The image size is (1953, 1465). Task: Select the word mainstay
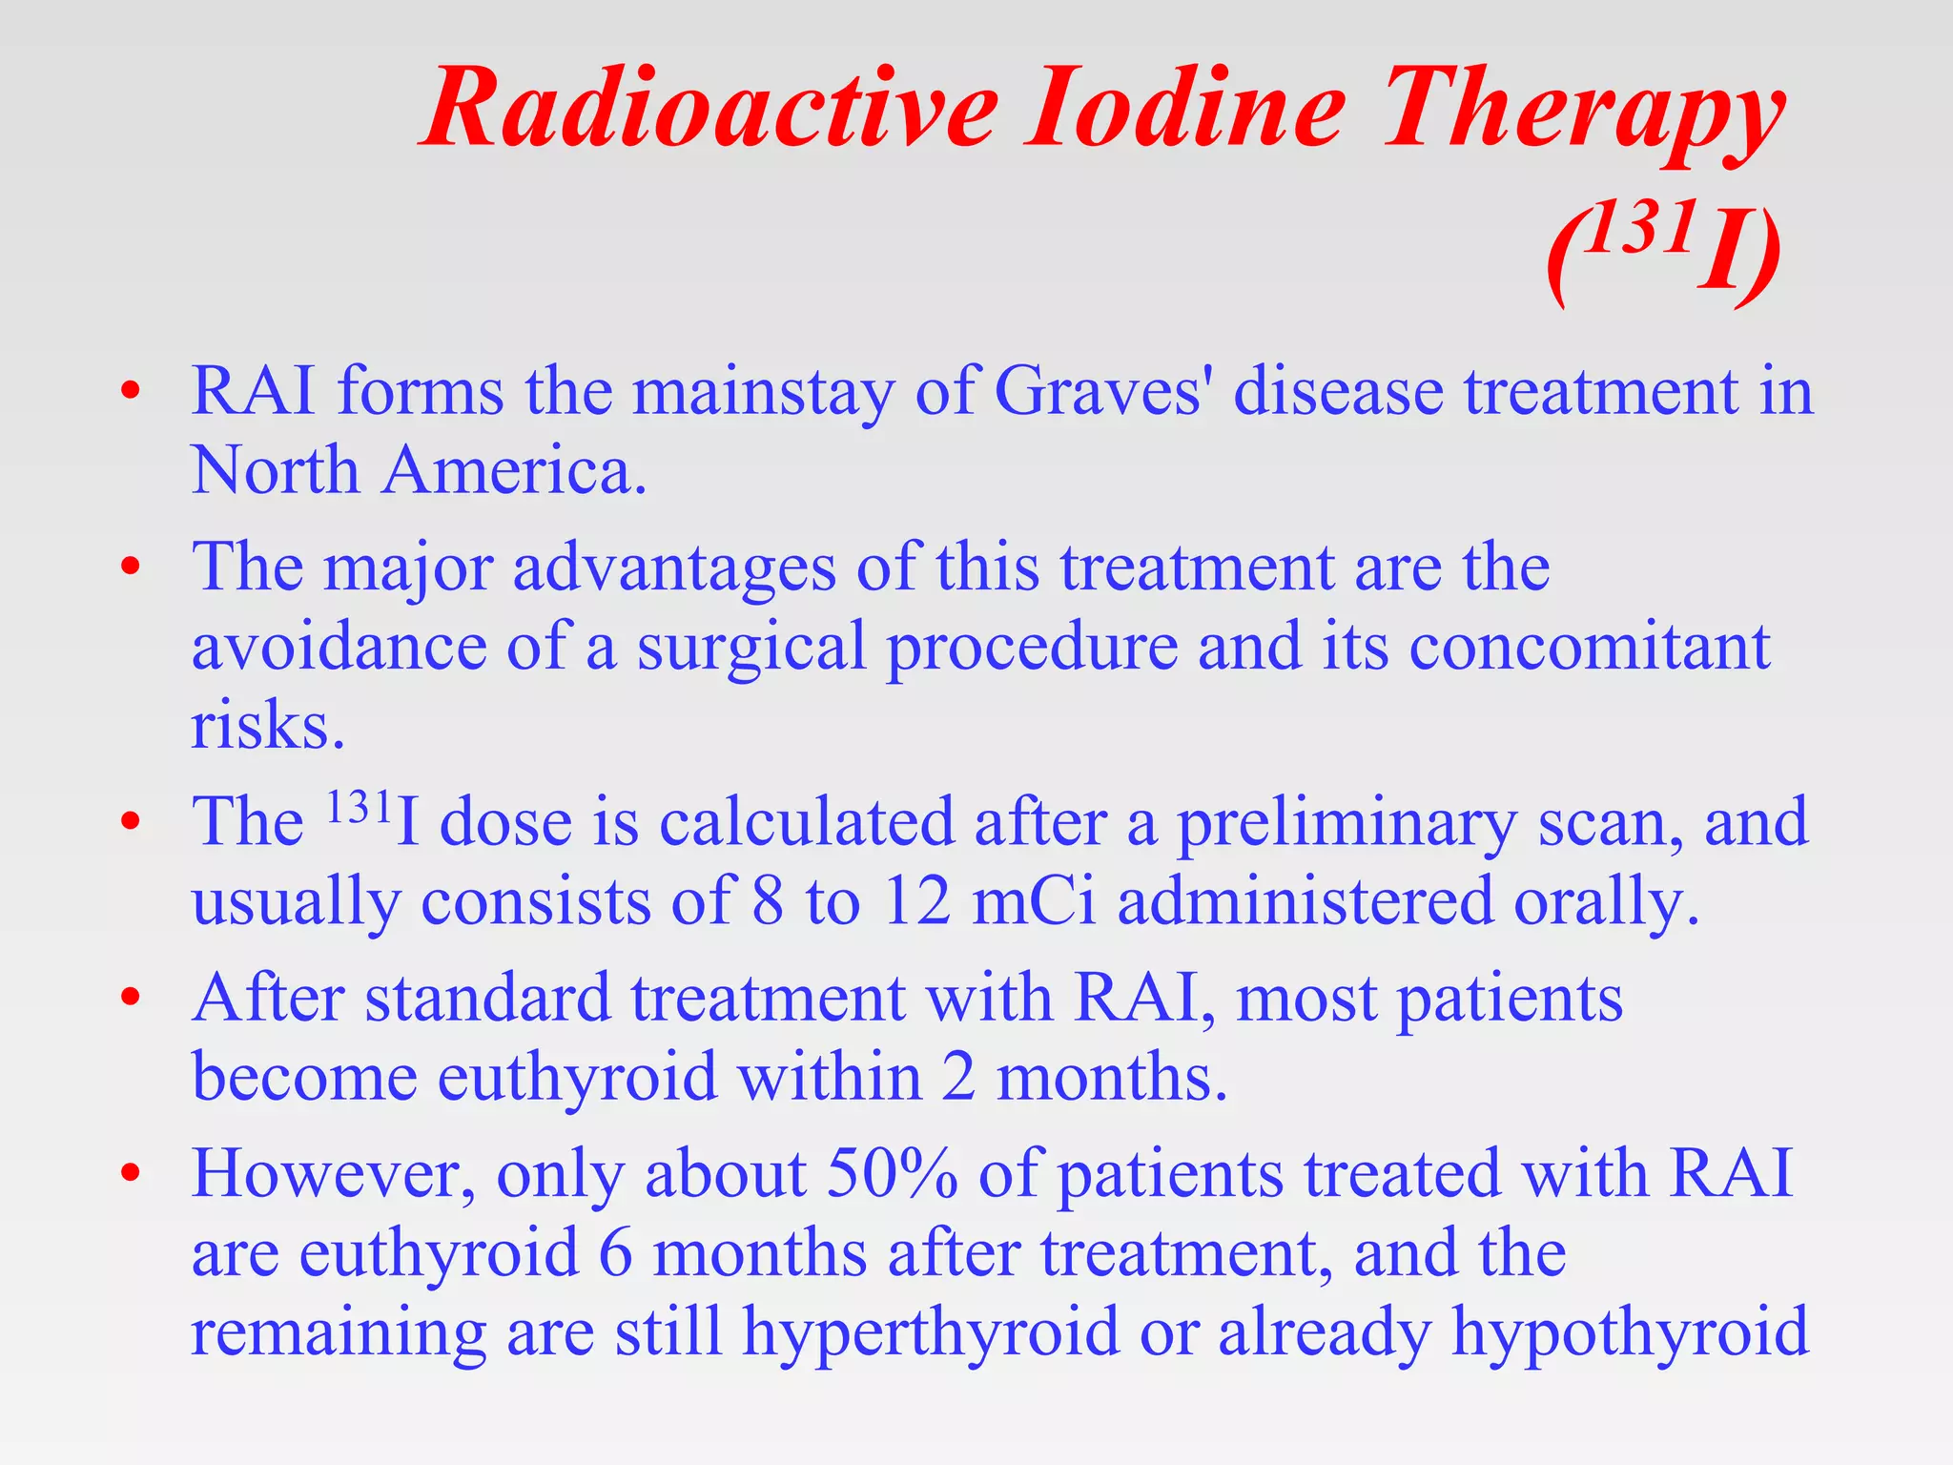(763, 393)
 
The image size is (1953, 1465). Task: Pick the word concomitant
(1589, 647)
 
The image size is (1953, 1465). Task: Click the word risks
(267, 726)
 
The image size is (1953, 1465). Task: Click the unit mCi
(1034, 901)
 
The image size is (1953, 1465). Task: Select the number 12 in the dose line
(915, 901)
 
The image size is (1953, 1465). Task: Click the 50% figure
(892, 1173)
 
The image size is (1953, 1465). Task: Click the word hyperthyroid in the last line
(931, 1332)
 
